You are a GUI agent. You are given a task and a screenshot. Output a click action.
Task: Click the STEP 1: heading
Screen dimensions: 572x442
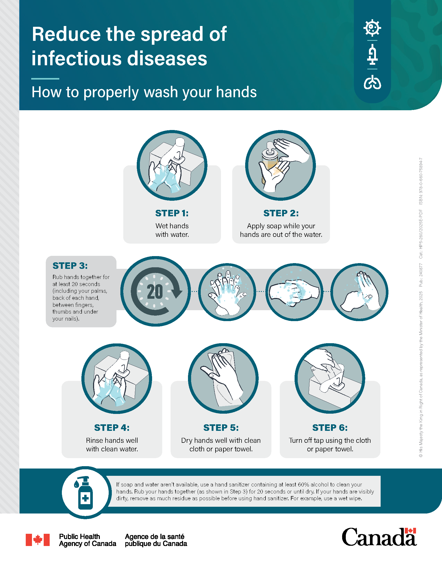172,213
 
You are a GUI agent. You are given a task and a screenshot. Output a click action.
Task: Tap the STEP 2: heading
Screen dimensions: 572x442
281,213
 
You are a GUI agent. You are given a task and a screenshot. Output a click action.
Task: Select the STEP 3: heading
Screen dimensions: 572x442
70,265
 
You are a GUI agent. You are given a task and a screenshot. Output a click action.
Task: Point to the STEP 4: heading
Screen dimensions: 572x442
112,428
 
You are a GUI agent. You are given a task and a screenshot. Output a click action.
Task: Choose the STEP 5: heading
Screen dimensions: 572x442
221,428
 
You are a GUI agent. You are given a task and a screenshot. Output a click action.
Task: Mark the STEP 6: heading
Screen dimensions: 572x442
330,428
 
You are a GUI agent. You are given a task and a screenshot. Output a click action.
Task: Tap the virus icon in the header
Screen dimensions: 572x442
372,28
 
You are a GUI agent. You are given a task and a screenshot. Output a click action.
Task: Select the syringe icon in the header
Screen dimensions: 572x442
372,55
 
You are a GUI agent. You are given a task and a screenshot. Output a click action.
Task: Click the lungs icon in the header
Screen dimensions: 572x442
372,82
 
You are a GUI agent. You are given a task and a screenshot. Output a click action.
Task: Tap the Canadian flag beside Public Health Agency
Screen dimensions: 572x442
37,540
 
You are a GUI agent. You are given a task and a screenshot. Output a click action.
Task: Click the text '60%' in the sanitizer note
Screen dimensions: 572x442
304,485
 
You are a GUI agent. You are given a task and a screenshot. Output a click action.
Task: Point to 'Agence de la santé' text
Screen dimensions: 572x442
154,536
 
